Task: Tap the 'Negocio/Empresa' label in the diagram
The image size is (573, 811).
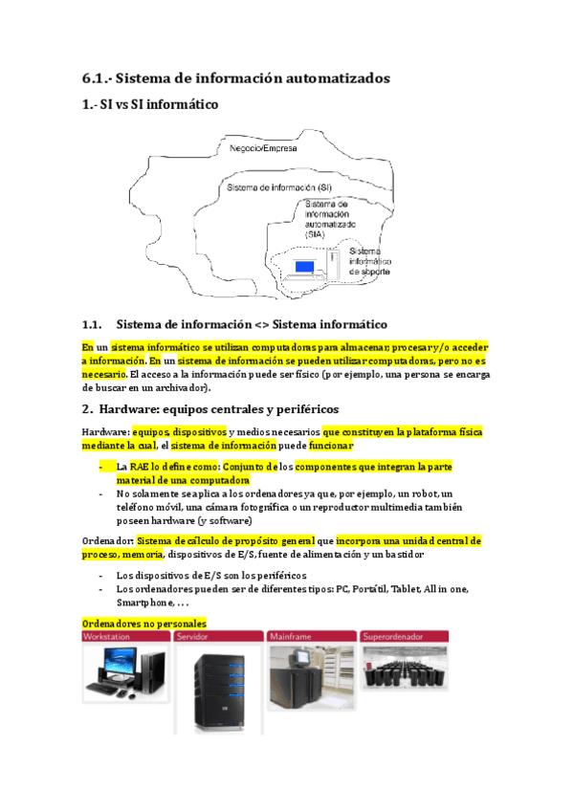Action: click(263, 149)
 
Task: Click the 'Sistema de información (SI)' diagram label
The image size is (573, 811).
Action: click(278, 187)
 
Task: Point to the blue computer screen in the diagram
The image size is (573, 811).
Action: click(304, 265)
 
